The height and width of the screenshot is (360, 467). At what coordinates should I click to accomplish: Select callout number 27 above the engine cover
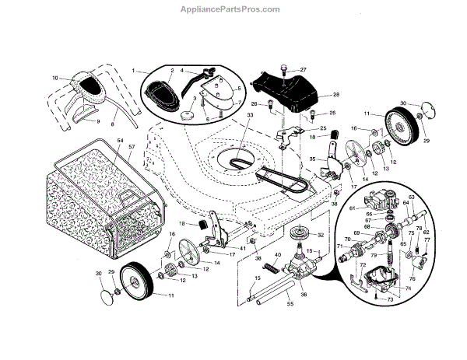(303, 69)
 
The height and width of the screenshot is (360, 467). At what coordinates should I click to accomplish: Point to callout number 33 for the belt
(251, 115)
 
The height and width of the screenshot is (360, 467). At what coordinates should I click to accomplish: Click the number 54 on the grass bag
(121, 140)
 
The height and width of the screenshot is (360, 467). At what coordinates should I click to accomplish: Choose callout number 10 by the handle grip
(55, 77)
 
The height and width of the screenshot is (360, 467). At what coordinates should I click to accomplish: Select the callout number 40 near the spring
(278, 255)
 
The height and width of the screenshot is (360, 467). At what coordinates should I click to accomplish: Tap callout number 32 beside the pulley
(319, 233)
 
